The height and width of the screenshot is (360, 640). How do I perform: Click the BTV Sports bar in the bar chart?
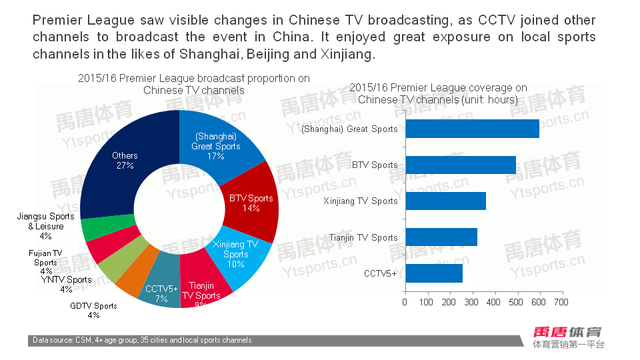460,165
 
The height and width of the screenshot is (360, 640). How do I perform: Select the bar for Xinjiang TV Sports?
445,201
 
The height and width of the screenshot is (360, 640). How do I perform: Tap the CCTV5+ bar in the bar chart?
433,273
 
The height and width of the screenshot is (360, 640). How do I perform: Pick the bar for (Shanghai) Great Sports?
472,129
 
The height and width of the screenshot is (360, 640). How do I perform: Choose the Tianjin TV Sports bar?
441,237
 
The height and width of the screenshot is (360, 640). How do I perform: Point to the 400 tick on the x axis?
494,302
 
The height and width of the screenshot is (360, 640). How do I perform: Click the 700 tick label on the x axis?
561,302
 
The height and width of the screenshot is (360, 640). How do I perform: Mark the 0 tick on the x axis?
405,302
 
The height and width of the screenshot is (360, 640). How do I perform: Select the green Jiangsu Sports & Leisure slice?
93,229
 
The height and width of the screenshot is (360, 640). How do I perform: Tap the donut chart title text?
193,84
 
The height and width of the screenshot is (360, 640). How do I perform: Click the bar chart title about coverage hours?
438,93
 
